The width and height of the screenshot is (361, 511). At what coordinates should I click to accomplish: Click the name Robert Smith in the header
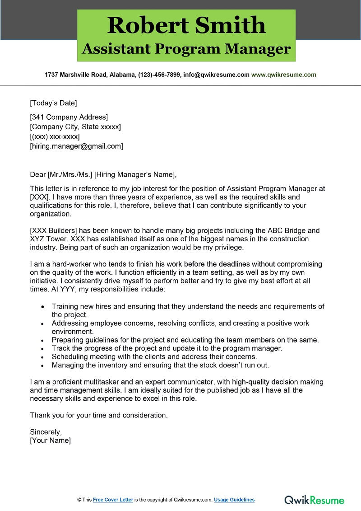186,25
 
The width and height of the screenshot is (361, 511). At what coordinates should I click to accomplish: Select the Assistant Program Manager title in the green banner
186,49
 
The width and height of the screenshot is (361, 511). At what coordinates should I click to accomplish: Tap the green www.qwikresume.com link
283,75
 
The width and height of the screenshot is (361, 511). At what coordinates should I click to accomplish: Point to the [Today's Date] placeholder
53,103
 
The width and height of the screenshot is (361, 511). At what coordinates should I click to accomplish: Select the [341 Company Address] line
69,117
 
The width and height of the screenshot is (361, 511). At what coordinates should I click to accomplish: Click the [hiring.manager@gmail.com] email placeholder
76,146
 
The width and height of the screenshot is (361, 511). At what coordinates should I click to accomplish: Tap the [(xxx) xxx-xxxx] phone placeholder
55,136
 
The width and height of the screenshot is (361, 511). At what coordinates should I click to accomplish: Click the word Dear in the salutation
37,174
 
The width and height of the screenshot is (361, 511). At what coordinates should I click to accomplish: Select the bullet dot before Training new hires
42,307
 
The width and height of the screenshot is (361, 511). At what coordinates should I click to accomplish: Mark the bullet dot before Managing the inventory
42,365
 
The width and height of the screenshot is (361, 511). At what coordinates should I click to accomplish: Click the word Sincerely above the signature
46,431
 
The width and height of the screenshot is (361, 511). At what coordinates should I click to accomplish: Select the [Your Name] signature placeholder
50,440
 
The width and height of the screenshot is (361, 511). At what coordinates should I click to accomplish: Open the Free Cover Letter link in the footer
113,500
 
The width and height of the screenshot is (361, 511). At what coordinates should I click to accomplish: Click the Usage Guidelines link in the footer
234,500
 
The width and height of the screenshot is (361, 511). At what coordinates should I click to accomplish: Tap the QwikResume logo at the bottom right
314,500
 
